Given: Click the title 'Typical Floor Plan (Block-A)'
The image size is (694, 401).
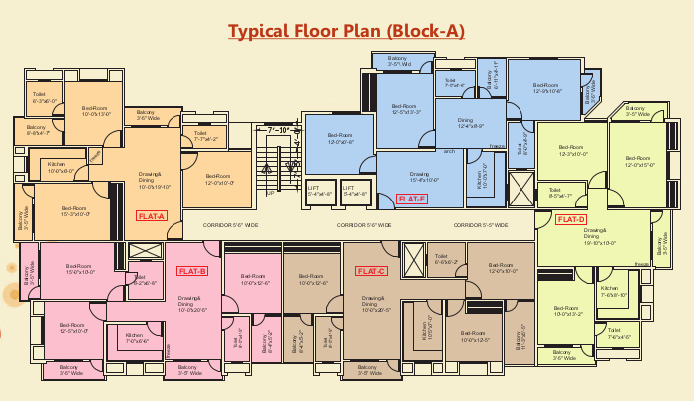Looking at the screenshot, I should tap(347, 30).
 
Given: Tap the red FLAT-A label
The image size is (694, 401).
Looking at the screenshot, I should tap(151, 216).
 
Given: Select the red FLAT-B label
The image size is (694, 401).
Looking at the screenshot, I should tap(192, 271).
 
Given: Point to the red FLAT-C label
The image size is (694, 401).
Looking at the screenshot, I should tap(371, 270).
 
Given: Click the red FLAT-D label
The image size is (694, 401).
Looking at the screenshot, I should tap(571, 218).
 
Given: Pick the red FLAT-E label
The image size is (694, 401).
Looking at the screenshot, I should tap(411, 200).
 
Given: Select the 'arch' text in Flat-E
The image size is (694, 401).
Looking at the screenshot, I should tap(449, 151).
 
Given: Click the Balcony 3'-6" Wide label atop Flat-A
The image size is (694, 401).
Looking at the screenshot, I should tap(146, 115).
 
